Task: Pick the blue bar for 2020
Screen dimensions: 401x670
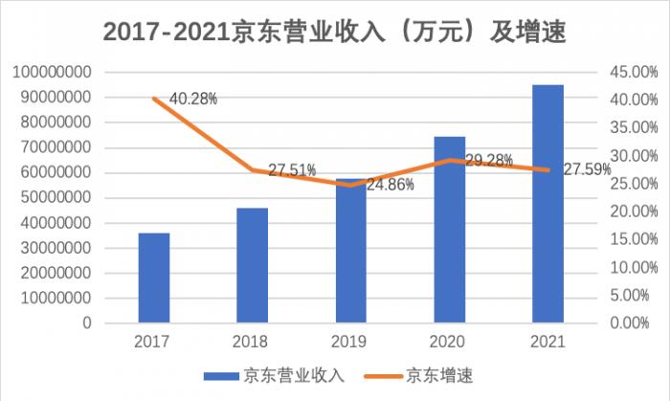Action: (450, 230)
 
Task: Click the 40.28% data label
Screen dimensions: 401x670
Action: (193, 98)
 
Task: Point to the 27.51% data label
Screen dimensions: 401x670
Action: (292, 170)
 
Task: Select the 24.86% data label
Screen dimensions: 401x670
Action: (391, 184)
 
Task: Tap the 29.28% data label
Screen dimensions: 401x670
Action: (488, 160)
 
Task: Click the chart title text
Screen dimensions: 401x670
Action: (334, 32)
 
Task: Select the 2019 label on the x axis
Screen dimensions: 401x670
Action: (350, 341)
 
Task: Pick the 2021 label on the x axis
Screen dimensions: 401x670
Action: (548, 341)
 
